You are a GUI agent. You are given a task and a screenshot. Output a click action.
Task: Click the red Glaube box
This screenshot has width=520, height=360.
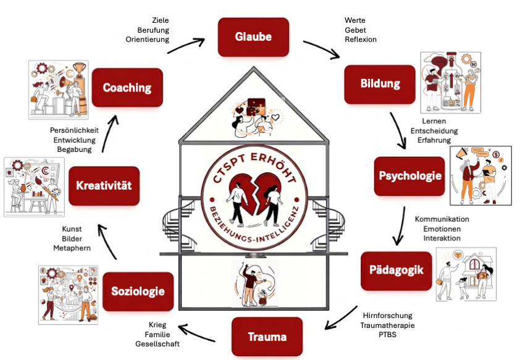coord(253,37)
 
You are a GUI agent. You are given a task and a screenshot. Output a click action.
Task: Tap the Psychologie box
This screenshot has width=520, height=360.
coord(410,175)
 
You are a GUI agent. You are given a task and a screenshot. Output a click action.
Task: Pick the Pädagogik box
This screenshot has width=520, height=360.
coord(395,270)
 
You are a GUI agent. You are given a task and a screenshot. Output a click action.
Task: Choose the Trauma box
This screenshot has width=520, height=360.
coord(267,337)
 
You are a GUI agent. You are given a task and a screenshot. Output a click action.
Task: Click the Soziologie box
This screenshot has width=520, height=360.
coord(138,290)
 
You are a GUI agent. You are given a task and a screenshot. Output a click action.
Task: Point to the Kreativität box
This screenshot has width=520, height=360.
coord(104,185)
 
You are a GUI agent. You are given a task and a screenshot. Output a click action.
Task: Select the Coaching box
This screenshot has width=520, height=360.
coord(127,88)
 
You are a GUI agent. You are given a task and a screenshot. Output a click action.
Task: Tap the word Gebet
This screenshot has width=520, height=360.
coord(355,30)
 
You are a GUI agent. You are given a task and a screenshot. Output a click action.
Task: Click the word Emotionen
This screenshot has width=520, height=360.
coord(441,229)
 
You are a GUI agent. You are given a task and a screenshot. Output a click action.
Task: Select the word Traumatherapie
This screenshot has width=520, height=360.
coord(387,325)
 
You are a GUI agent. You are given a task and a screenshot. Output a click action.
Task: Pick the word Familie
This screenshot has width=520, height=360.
coord(162,334)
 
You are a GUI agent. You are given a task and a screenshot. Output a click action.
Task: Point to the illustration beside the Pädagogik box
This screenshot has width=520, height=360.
coord(466,274)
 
